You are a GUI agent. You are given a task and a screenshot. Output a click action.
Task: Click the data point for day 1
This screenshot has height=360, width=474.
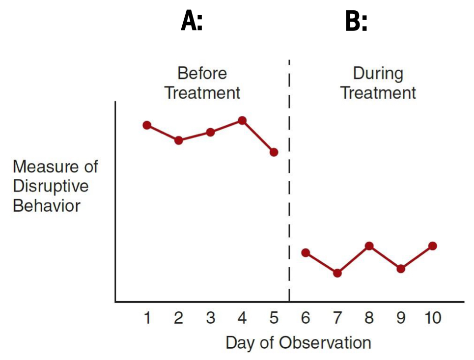(x=147, y=125)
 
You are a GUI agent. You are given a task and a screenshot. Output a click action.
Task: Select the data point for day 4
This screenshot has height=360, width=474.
(x=242, y=120)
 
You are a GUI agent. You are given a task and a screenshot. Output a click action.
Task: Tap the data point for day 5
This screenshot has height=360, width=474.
(x=274, y=152)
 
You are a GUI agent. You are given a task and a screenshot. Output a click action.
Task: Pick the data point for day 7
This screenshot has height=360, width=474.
(x=337, y=273)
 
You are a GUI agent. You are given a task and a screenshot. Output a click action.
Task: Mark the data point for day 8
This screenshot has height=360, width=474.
(x=369, y=246)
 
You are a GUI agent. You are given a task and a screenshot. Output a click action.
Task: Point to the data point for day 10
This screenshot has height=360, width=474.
(x=432, y=246)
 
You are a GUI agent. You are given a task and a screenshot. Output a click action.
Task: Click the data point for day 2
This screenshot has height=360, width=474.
(x=179, y=140)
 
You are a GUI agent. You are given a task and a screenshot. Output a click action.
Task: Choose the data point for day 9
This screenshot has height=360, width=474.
(x=401, y=269)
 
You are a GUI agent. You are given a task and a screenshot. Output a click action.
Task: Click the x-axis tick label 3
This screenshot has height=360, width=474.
(x=210, y=318)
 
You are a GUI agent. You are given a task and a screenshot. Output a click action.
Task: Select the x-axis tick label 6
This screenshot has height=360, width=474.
(x=305, y=318)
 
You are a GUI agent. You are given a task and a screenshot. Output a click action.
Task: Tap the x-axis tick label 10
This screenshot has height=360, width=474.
(x=432, y=318)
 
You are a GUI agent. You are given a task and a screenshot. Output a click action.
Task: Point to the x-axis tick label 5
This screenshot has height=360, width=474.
(x=274, y=318)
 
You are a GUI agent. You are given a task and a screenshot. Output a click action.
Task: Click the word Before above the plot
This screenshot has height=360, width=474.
(x=202, y=74)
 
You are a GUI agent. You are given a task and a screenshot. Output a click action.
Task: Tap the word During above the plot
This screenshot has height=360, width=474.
(x=378, y=74)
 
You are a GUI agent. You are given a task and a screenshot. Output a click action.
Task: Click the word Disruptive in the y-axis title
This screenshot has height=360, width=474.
(x=51, y=186)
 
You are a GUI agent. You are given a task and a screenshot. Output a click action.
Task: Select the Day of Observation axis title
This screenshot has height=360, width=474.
(x=298, y=342)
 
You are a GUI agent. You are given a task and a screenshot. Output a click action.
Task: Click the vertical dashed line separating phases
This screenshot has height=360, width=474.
(x=289, y=196)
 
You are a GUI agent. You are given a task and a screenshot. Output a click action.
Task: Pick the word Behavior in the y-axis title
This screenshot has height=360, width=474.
(x=46, y=205)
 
